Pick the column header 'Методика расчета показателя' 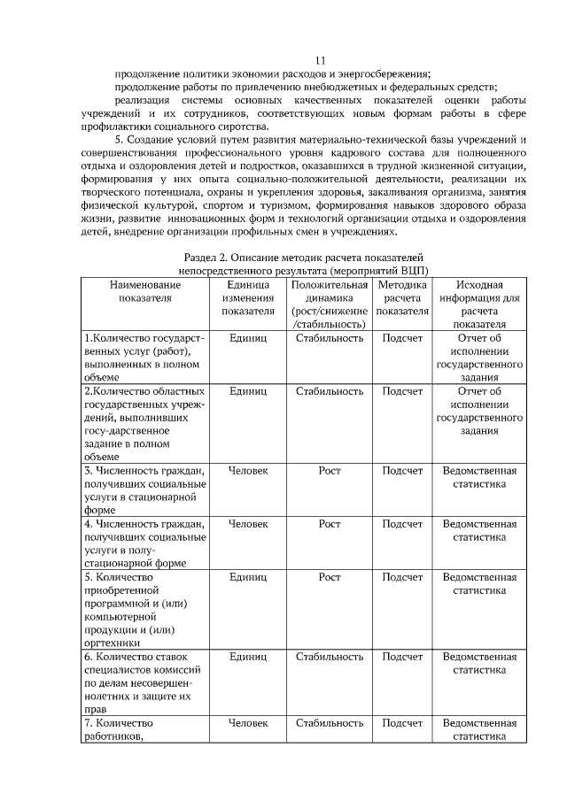pyautogui.click(x=402, y=297)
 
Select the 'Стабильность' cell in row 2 pyautogui.click(x=329, y=389)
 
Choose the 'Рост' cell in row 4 pyautogui.click(x=329, y=524)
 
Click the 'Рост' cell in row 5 pyautogui.click(x=329, y=577)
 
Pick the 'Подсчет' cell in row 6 pyautogui.click(x=402, y=657)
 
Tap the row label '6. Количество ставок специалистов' pyautogui.click(x=144, y=663)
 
